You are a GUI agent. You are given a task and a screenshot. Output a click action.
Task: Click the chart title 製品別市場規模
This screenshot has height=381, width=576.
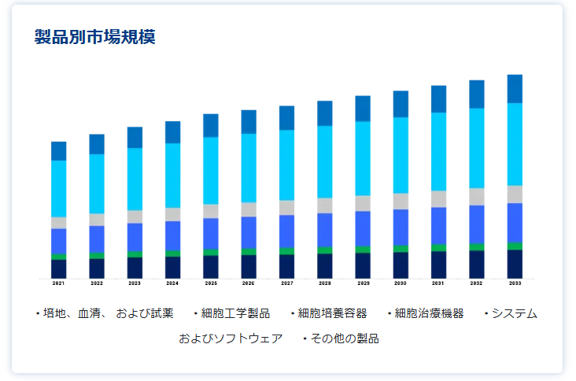[x=95, y=37]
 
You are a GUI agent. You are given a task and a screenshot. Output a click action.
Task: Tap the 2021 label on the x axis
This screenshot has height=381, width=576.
[x=59, y=283]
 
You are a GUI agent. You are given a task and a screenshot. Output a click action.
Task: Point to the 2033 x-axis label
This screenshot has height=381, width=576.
[x=515, y=283]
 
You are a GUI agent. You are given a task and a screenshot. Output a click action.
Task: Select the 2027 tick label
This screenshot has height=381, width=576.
[x=286, y=283]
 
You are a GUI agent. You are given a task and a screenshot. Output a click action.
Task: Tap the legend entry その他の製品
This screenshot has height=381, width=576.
[x=344, y=338]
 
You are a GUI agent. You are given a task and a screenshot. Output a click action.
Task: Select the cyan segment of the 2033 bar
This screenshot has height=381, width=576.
[x=515, y=144]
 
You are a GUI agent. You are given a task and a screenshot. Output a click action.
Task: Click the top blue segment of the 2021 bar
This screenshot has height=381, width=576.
[x=59, y=151]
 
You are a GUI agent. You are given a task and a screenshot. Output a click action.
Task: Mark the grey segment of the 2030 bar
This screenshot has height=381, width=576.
[x=401, y=202]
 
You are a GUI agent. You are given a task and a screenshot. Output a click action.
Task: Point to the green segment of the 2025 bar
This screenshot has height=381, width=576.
[x=211, y=252]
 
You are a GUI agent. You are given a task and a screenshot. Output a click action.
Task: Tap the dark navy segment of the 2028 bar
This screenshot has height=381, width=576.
[x=325, y=266]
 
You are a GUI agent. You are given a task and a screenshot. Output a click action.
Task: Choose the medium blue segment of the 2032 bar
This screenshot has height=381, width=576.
[x=477, y=224]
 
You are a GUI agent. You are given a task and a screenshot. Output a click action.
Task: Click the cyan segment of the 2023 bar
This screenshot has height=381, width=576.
[x=135, y=179]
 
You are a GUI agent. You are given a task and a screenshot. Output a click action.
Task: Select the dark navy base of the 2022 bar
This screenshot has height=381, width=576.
[x=97, y=268]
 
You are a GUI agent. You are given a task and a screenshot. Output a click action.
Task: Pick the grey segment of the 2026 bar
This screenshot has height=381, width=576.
[x=249, y=209]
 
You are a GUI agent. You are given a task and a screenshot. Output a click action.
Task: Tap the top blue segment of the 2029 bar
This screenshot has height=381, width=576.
[x=363, y=109]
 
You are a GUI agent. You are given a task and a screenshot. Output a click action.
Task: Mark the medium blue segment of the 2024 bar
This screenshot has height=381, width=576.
[x=173, y=235]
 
